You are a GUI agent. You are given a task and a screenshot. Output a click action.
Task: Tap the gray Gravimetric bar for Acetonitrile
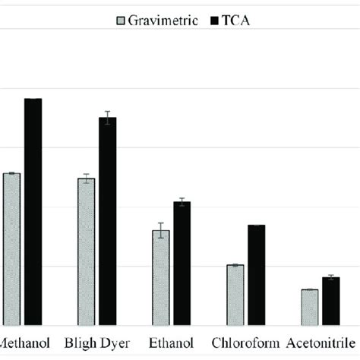[309, 307]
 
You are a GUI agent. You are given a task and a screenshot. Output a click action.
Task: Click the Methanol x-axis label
[27, 343]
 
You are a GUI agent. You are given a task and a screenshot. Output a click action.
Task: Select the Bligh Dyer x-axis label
[98, 343]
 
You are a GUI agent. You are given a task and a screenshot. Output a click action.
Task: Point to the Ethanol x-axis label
[172, 343]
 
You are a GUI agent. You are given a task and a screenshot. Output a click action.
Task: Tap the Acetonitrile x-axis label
[322, 343]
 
